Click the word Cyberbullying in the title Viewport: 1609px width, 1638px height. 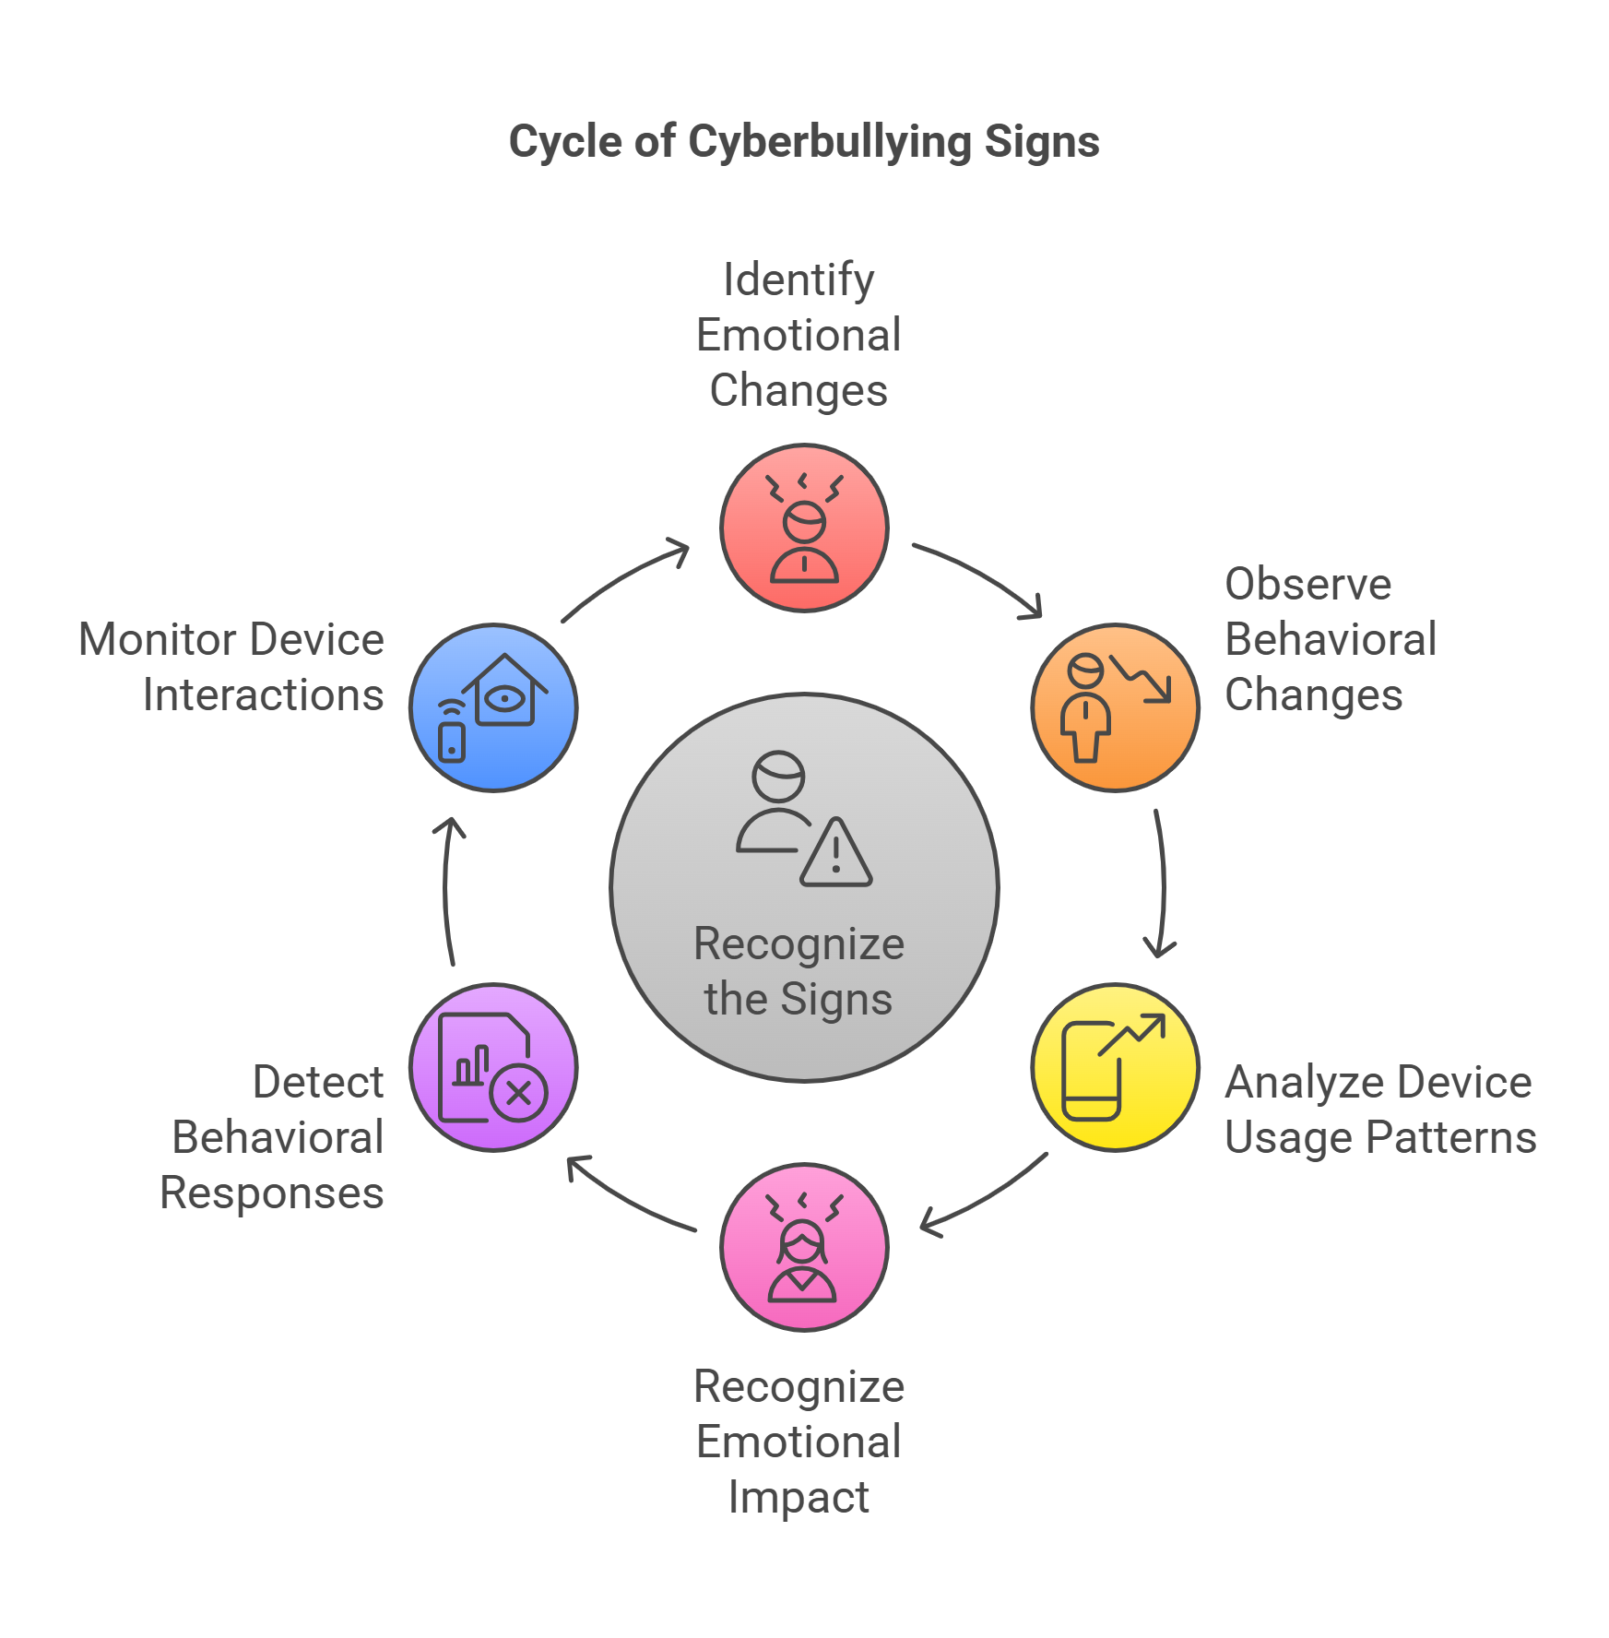click(830, 143)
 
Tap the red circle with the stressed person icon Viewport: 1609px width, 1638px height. click(804, 528)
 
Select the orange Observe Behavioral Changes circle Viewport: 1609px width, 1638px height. click(1115, 707)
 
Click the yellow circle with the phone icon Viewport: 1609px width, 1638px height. click(1115, 1067)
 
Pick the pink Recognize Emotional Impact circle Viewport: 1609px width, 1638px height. click(804, 1247)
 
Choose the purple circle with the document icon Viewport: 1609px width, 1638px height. click(493, 1067)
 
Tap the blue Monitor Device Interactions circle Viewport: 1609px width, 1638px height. click(493, 707)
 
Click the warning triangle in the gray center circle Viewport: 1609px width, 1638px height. click(835, 855)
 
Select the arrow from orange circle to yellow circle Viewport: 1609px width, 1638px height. click(1162, 885)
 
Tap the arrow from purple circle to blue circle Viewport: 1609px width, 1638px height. click(445, 890)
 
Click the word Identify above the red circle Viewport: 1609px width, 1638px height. click(799, 279)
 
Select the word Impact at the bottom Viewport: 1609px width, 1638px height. click(799, 1497)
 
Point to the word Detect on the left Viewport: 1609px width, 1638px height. click(318, 1082)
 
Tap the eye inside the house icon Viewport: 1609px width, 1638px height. click(505, 699)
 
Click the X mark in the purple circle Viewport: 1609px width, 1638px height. click(519, 1094)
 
